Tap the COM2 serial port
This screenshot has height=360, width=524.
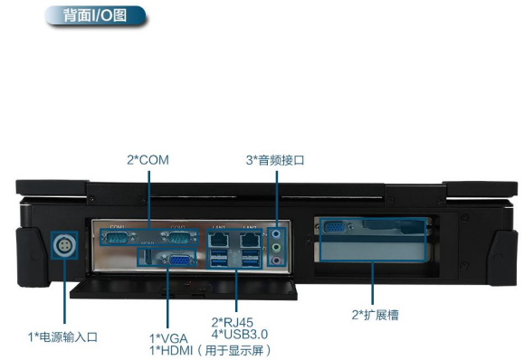[178, 238]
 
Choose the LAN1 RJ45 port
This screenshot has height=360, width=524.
[218, 241]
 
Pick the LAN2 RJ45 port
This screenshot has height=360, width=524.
[250, 241]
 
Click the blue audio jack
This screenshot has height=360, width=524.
[277, 232]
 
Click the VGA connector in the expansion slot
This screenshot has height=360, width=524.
[333, 230]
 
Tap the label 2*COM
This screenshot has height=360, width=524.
[148, 160]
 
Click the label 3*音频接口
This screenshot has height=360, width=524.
[274, 160]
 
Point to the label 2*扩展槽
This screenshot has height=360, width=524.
[375, 315]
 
